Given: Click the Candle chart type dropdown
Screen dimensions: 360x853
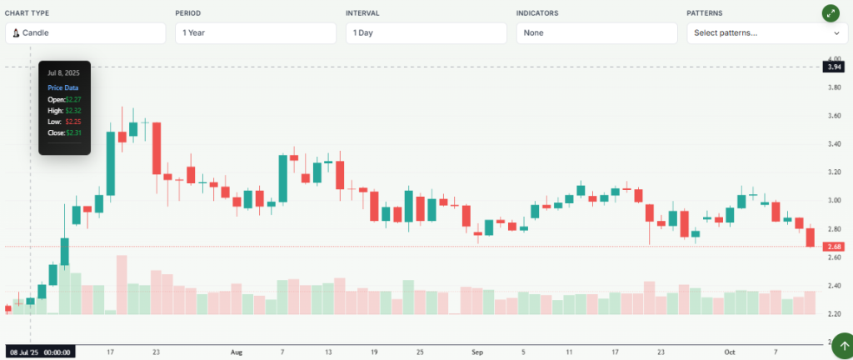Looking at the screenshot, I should [x=85, y=33].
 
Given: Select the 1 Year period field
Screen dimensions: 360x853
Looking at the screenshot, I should [x=255, y=33].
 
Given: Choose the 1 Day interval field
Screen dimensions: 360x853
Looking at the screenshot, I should [x=426, y=33].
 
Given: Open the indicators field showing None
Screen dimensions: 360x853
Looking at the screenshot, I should [x=596, y=33].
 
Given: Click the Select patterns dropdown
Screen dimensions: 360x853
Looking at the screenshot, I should [x=766, y=33].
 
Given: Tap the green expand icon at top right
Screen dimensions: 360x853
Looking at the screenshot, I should [x=831, y=13].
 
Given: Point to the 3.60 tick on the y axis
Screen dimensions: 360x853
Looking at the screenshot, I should [x=833, y=116].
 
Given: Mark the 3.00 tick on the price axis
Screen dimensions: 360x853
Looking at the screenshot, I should [x=833, y=200].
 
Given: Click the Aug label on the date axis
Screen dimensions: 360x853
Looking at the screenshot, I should [x=237, y=352].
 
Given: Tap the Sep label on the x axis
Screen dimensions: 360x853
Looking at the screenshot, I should [x=477, y=352].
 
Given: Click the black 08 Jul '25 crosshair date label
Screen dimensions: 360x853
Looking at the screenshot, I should [x=40, y=352].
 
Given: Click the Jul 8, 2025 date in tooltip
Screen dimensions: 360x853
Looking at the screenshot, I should [x=63, y=73].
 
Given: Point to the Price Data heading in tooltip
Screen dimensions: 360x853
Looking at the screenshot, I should [x=62, y=87].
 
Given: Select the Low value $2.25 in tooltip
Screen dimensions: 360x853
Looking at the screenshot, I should [x=72, y=122].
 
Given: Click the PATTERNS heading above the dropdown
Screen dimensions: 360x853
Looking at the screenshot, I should [x=704, y=13].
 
